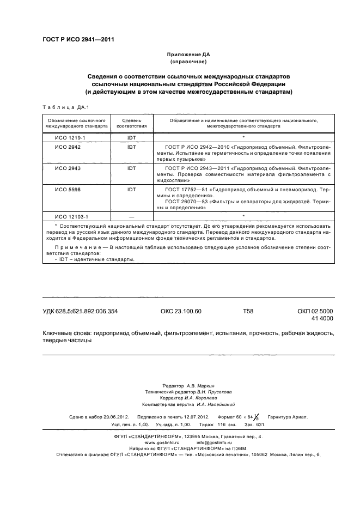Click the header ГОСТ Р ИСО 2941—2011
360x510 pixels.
(x=78, y=39)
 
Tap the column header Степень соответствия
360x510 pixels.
(x=131, y=122)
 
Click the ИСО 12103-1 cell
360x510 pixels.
(x=68, y=216)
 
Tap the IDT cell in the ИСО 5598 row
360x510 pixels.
(x=131, y=189)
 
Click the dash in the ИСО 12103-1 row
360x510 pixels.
(x=131, y=216)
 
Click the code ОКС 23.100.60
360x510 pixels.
(x=181, y=312)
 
